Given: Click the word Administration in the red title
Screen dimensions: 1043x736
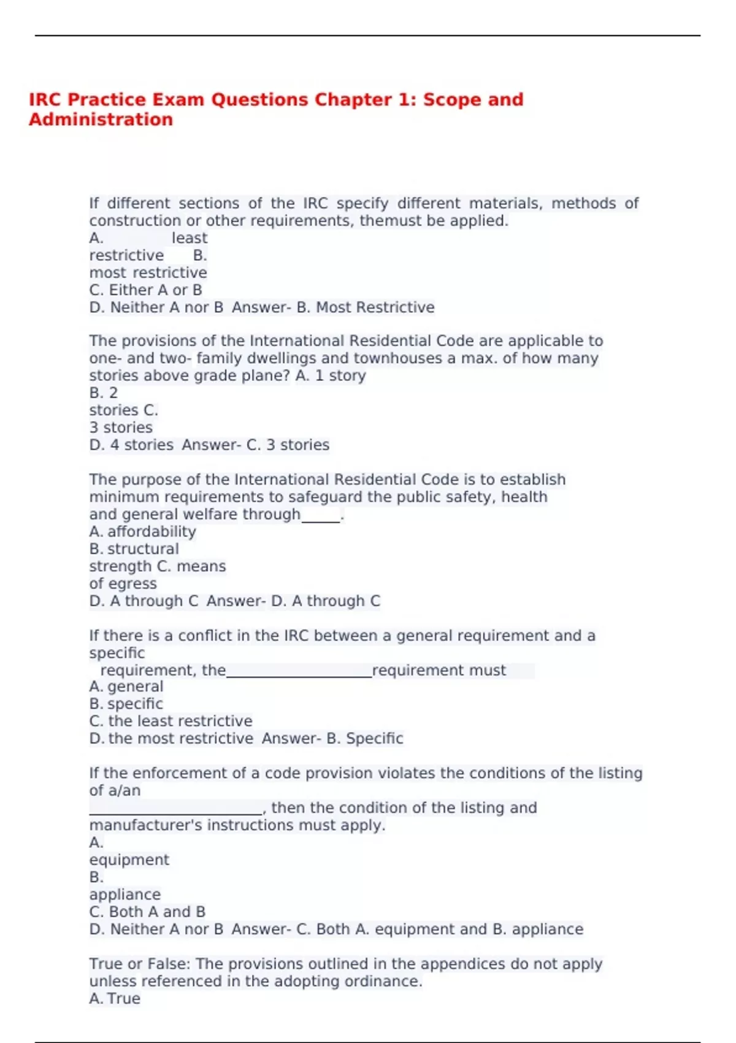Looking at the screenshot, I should pyautogui.click(x=101, y=119).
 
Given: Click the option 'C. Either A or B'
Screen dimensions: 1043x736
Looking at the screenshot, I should pyautogui.click(x=145, y=290).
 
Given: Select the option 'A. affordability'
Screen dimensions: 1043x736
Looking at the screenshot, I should pyautogui.click(x=142, y=532).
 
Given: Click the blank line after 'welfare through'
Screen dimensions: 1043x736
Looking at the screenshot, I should pyautogui.click(x=321, y=517).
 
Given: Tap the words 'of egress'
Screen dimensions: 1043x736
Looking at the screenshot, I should pyautogui.click(x=123, y=583).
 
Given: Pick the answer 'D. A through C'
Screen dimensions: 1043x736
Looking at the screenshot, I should pyautogui.click(x=326, y=601).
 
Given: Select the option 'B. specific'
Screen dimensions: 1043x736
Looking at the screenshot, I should pyautogui.click(x=126, y=704).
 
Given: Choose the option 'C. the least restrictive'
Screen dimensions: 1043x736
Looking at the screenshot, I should pyautogui.click(x=171, y=721).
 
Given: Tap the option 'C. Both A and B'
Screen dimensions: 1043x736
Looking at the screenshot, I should pyautogui.click(x=147, y=912).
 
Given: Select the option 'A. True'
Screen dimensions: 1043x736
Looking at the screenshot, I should pyautogui.click(x=115, y=998).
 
